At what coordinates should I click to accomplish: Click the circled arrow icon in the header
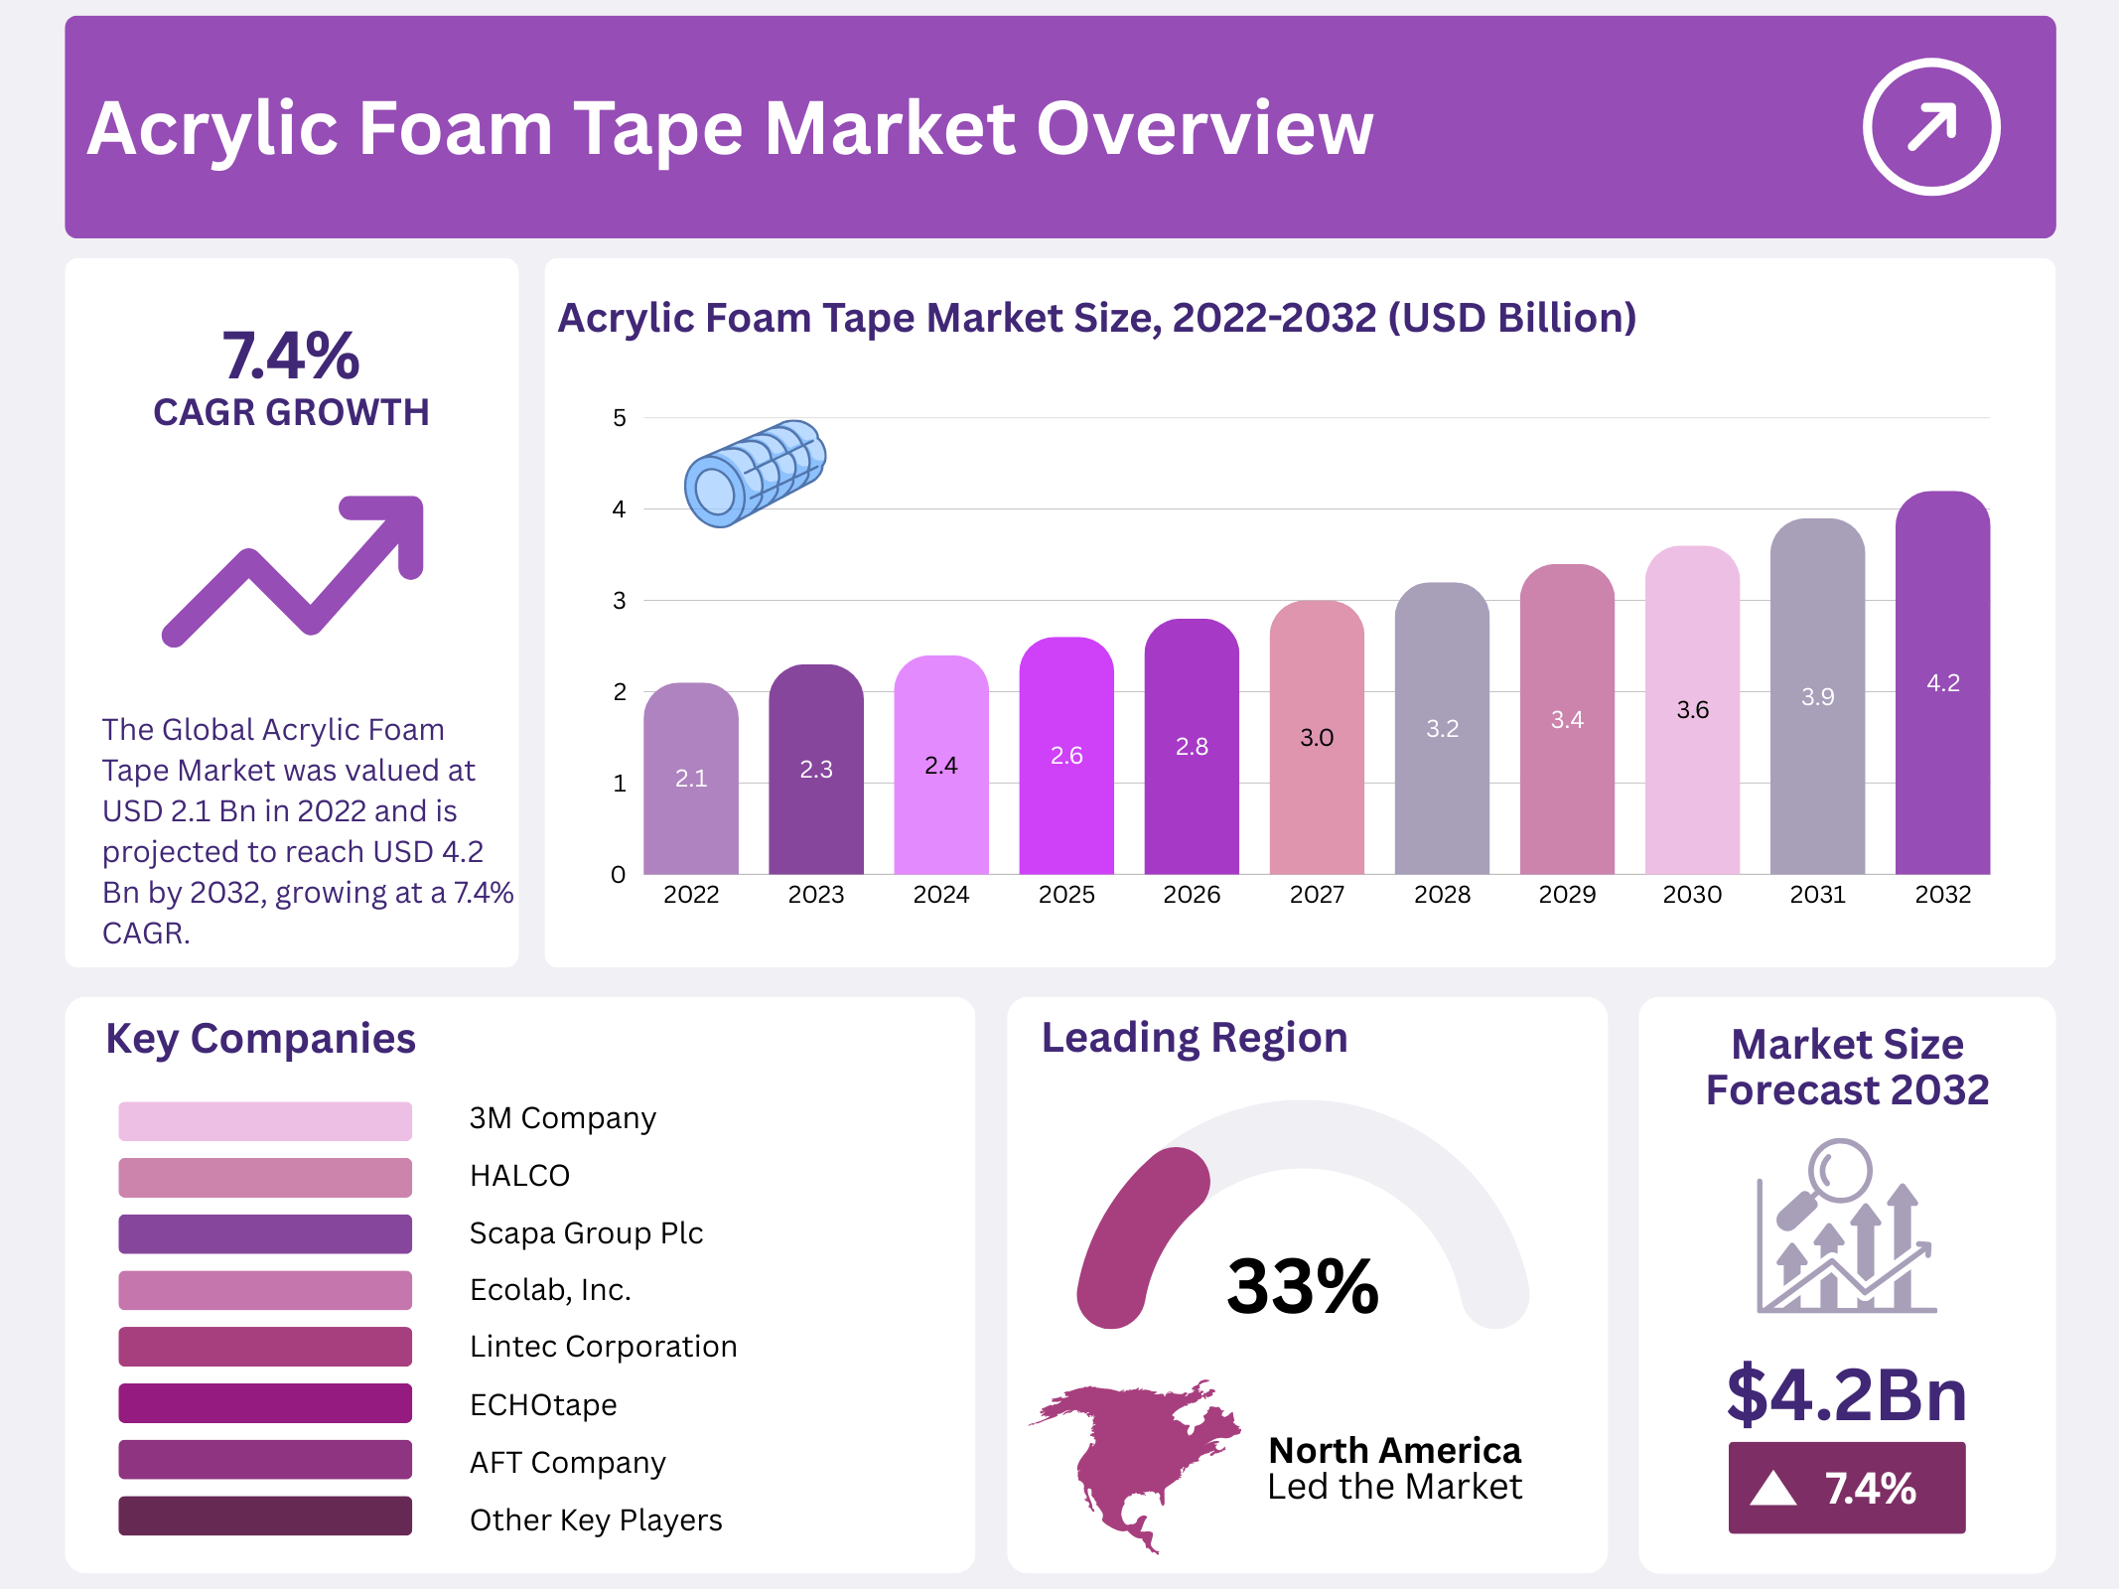(x=1930, y=127)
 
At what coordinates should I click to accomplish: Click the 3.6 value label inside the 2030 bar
(x=1692, y=710)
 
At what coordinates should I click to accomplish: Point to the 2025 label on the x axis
(x=1066, y=895)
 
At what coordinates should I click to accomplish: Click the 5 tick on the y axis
(x=620, y=418)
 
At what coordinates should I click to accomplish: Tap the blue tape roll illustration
(x=755, y=473)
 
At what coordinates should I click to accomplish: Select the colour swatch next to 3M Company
(x=265, y=1120)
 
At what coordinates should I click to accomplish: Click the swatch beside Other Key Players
(x=265, y=1517)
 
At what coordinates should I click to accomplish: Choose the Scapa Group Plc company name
(x=586, y=1233)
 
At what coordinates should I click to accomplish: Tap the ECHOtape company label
(x=543, y=1404)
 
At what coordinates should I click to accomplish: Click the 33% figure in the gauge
(x=1302, y=1287)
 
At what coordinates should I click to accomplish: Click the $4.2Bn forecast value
(x=1847, y=1394)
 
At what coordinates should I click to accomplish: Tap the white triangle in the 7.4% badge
(x=1772, y=1489)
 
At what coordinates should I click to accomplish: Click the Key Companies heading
(x=260, y=1039)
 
